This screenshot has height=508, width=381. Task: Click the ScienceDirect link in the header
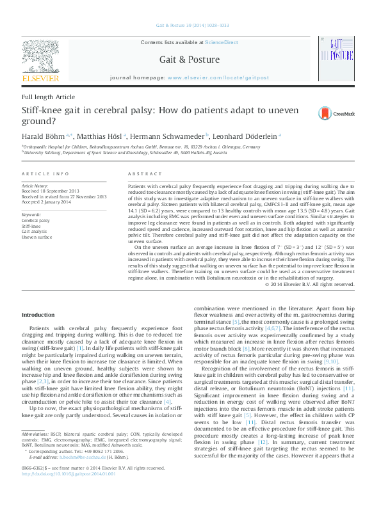(x=222, y=42)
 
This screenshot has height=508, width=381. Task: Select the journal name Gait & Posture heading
(x=191, y=58)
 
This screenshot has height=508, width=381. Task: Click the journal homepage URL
(x=218, y=76)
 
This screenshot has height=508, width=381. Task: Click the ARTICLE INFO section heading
(x=45, y=174)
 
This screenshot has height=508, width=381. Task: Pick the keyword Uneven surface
(x=37, y=237)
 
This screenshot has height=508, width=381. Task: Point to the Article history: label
(x=35, y=185)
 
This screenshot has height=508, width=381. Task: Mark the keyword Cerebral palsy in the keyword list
(x=36, y=220)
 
